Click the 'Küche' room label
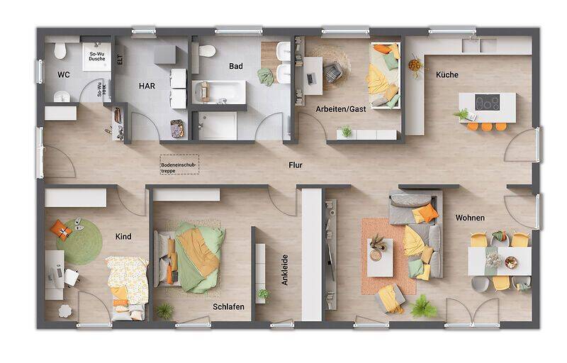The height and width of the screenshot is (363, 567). click(447, 74)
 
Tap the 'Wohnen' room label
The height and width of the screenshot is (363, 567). click(470, 218)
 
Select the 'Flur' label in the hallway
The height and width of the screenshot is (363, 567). click(295, 165)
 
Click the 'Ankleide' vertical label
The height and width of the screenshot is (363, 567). click(285, 270)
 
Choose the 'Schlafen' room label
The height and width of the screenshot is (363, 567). click(228, 306)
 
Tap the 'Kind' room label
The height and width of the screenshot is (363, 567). click(123, 236)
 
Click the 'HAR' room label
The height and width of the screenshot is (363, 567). click(147, 86)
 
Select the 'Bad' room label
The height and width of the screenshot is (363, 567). click(236, 66)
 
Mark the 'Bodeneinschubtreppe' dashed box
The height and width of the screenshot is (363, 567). click(180, 164)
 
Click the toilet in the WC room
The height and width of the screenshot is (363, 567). click(60, 50)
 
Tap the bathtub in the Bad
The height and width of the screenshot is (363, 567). click(219, 91)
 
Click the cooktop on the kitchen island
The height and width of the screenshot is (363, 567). click(487, 102)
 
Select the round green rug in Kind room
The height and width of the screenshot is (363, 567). click(79, 241)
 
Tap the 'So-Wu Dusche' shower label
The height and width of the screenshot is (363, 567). click(96, 56)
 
